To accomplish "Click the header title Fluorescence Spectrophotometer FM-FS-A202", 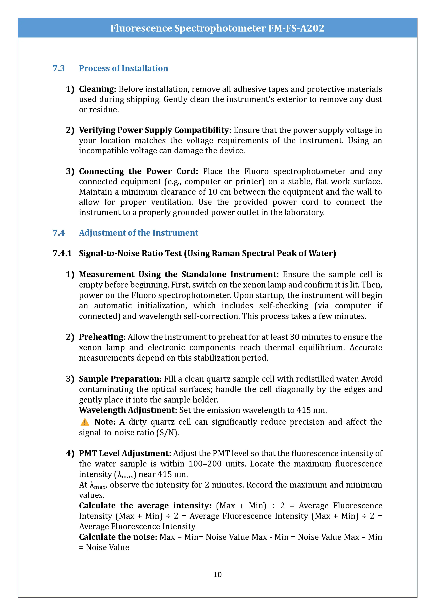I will pyautogui.click(x=217, y=28).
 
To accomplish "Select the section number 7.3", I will pyautogui.click(x=59, y=68).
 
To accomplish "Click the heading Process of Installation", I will pyautogui.click(x=123, y=68).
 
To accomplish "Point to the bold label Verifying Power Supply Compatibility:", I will pyautogui.click(x=155, y=130).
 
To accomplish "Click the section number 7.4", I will pyautogui.click(x=59, y=233).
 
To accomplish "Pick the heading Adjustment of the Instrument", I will pyautogui.click(x=139, y=233).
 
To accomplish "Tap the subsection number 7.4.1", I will pyautogui.click(x=62, y=253).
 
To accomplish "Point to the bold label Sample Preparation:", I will pyautogui.click(x=120, y=379).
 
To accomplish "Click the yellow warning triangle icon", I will pyautogui.click(x=85, y=422).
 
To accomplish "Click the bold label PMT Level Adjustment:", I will pyautogui.click(x=125, y=454).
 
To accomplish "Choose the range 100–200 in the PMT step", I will pyautogui.click(x=205, y=464).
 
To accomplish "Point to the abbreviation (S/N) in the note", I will pyautogui.click(x=168, y=433).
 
